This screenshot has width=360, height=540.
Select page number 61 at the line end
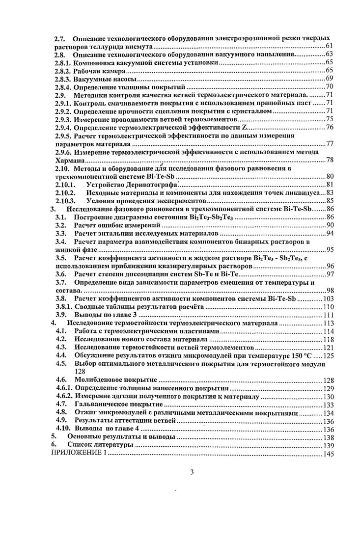(x=330, y=46)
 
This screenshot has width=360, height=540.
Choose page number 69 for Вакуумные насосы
(x=330, y=79)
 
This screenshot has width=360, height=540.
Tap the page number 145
(x=328, y=454)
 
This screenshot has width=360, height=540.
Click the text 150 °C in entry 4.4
(x=308, y=355)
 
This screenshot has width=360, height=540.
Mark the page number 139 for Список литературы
(x=328, y=445)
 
